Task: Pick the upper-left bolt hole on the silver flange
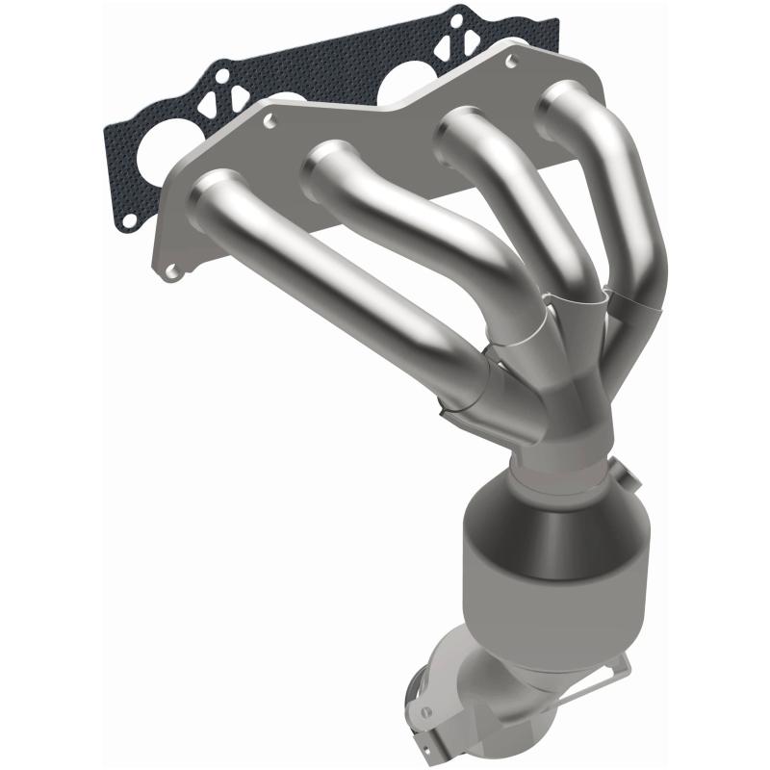coord(269,120)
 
